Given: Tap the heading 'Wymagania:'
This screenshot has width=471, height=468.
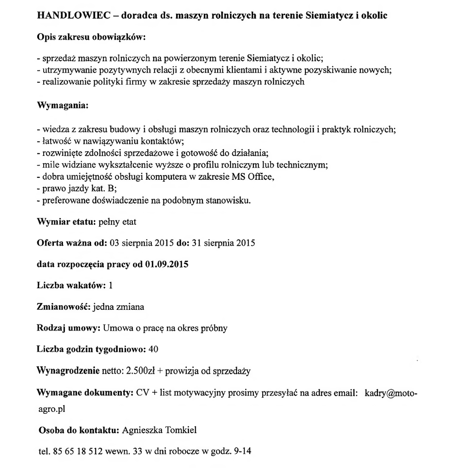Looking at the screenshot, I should [x=62, y=105].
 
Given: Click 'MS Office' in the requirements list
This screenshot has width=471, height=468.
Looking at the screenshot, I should [x=256, y=177].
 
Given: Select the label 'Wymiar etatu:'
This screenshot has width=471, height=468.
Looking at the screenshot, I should [x=66, y=222].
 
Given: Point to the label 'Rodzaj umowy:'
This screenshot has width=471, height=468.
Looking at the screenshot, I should [x=68, y=328].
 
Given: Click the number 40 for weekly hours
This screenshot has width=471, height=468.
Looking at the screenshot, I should [x=154, y=349].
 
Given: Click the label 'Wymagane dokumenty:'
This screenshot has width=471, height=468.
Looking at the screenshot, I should [x=85, y=394].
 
